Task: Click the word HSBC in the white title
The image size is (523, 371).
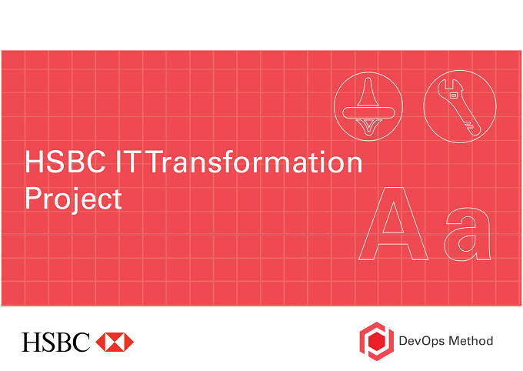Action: (65, 162)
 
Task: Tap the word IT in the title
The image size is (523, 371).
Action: (127, 162)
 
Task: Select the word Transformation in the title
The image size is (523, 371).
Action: (254, 162)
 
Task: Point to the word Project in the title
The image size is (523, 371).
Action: (74, 199)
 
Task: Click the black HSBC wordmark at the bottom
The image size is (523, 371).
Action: (55, 342)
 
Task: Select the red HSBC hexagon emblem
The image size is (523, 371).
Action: (115, 342)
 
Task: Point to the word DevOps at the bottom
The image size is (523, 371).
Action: (421, 341)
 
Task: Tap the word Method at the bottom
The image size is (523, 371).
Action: (471, 341)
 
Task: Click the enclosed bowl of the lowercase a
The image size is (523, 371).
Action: (467, 243)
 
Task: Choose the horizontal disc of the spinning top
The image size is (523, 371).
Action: (368, 112)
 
